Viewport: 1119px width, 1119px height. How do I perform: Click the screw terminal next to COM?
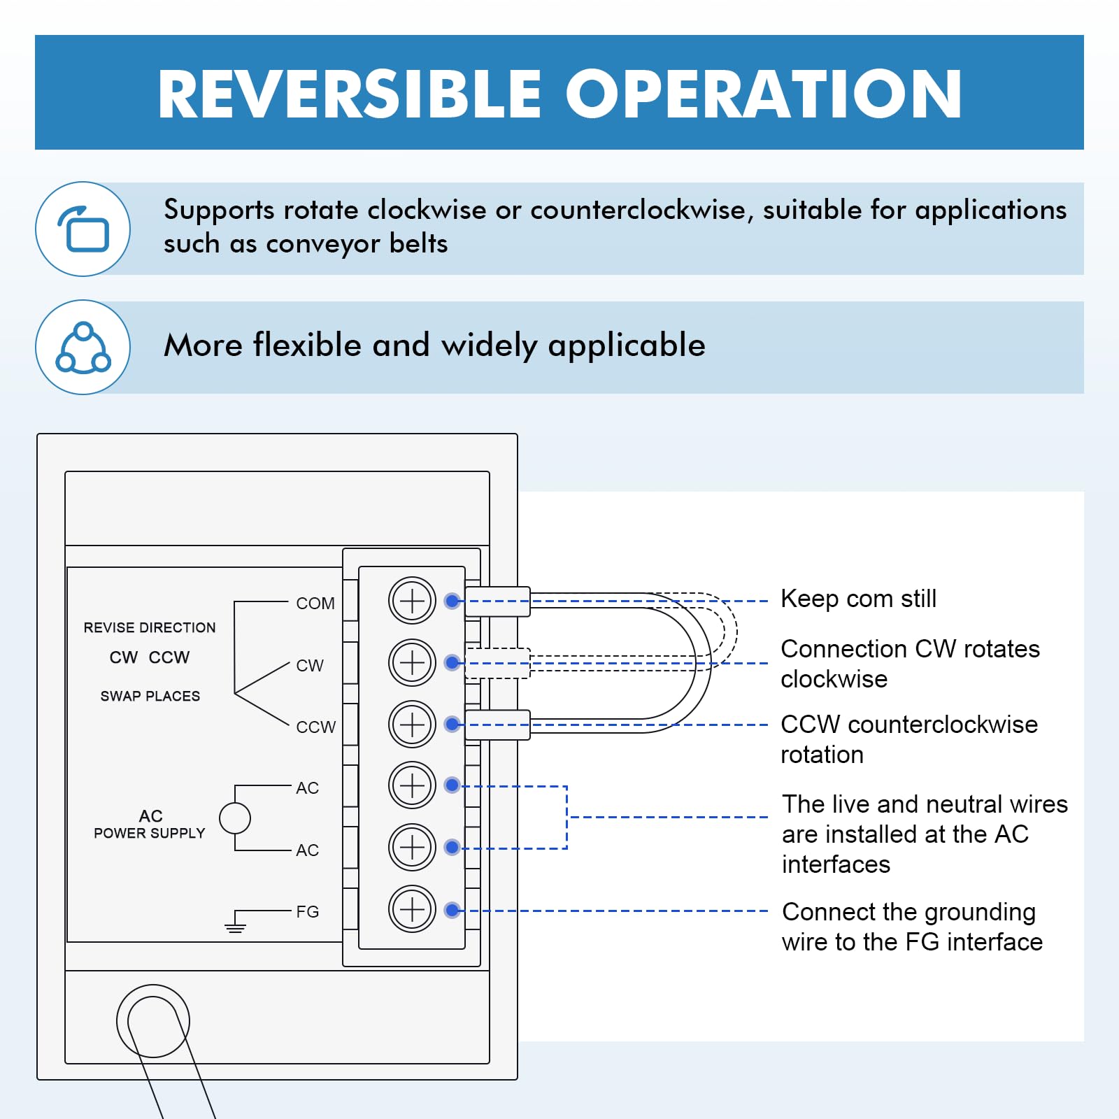[413, 601]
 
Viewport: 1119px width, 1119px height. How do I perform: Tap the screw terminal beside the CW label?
[413, 662]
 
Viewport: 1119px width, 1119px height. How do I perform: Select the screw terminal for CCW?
[413, 724]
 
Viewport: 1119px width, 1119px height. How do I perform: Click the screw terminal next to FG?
[413, 909]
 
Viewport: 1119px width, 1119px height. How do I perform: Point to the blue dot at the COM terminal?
[452, 601]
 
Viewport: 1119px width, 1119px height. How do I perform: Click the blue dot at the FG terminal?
[452, 910]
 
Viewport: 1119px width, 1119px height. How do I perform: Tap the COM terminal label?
[315, 603]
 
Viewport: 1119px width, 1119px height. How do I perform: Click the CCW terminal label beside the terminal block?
[316, 727]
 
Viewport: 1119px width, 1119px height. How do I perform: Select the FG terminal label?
[308, 911]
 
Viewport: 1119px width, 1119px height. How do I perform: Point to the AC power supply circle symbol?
[235, 818]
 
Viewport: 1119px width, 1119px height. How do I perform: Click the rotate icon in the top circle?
[83, 229]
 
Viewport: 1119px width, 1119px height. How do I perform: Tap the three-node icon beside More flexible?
[83, 348]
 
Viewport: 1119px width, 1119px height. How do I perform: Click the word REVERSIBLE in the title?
[350, 94]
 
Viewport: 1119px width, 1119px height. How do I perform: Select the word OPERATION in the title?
[764, 94]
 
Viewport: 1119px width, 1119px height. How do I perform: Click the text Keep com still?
[858, 599]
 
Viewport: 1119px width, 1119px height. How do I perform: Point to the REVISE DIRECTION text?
[150, 627]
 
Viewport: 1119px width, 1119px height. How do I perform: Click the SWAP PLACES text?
[150, 696]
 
